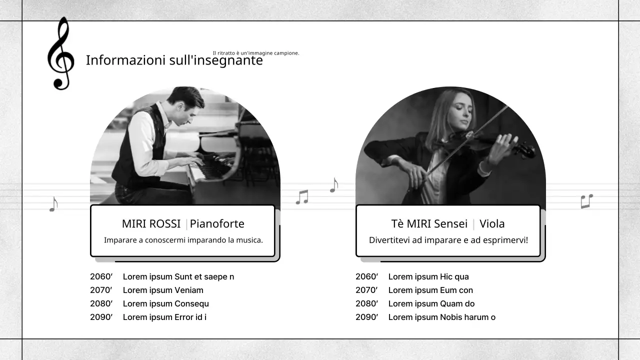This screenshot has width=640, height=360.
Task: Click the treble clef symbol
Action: (60, 54)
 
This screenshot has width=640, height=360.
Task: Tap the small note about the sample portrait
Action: (256, 53)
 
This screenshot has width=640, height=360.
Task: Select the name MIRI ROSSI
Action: (151, 223)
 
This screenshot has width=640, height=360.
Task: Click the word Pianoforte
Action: (217, 223)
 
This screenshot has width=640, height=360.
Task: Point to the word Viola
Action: (492, 223)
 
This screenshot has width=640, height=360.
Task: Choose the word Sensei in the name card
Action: (450, 223)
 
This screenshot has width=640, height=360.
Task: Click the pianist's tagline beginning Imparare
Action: (183, 240)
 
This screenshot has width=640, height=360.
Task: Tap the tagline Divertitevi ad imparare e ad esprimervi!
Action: (448, 240)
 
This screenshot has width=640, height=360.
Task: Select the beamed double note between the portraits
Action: (302, 197)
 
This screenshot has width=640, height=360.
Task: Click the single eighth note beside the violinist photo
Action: (334, 185)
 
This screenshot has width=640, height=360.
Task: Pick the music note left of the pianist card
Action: (53, 203)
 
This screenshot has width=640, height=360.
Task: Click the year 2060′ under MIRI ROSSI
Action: (101, 276)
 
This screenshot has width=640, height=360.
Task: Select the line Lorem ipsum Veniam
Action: (163, 290)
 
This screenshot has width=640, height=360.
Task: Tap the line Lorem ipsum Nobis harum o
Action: (441, 317)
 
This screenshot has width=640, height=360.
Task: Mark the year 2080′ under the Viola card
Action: (366, 303)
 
